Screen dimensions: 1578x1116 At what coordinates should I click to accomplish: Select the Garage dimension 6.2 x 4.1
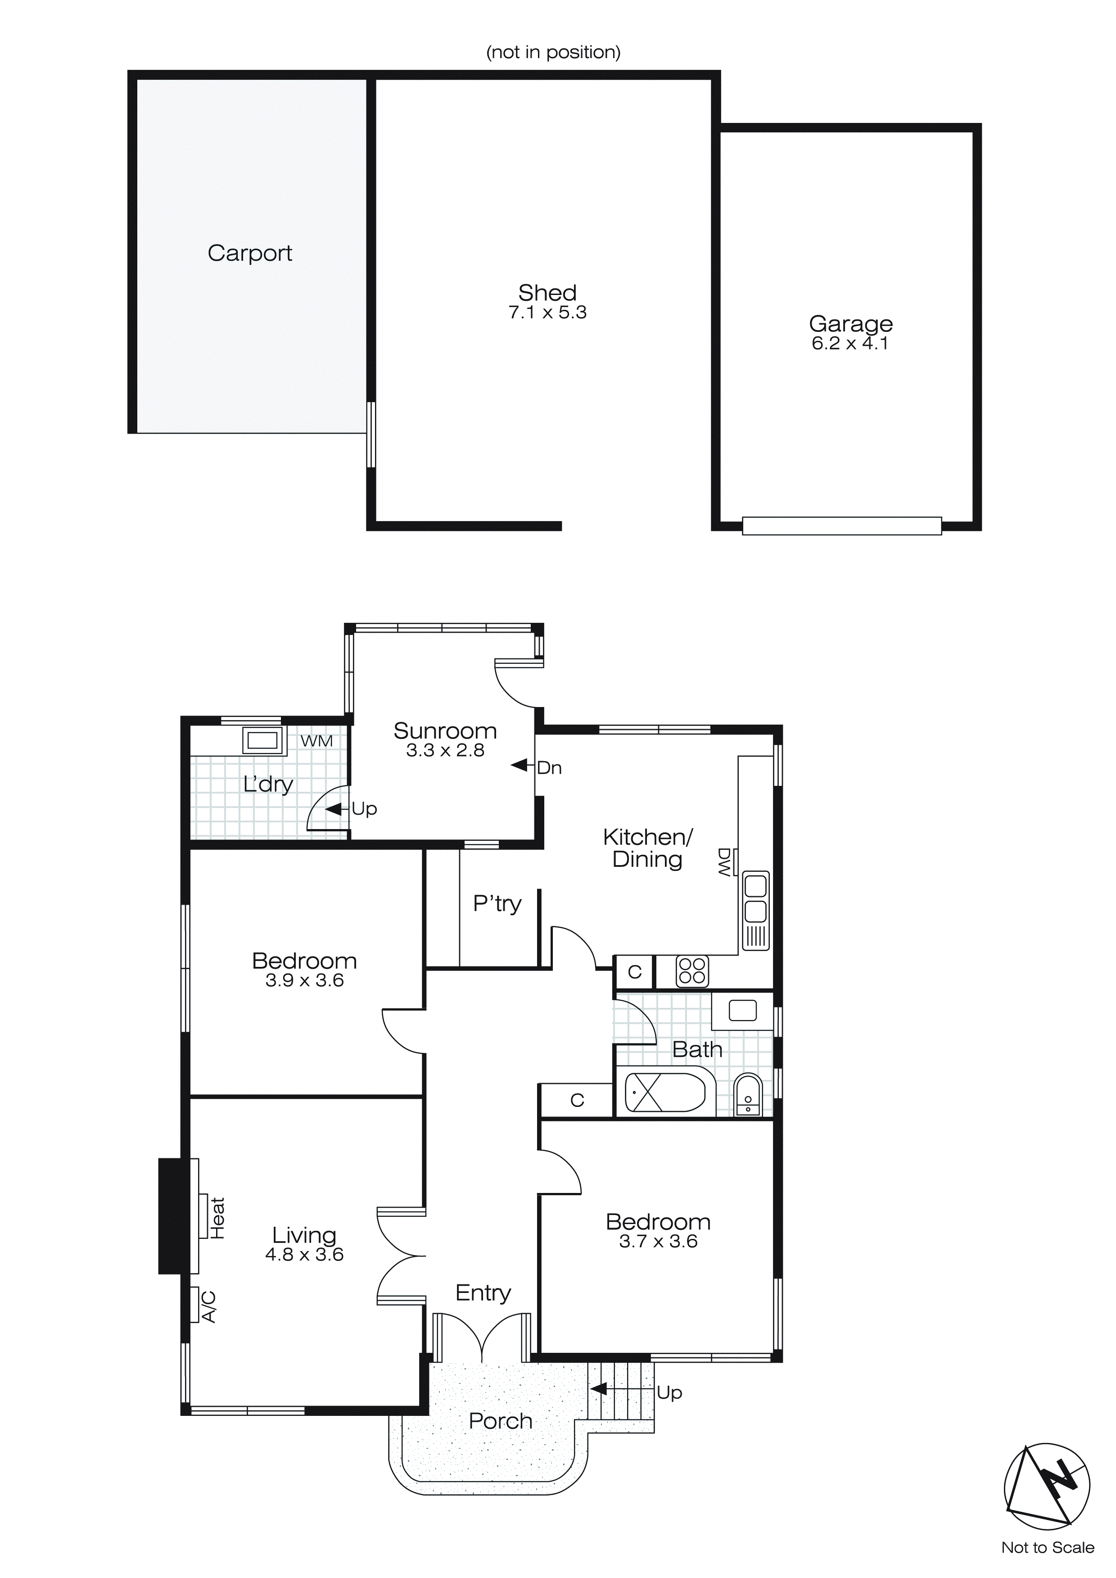850,343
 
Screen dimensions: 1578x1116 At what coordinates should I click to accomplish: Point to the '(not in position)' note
553,52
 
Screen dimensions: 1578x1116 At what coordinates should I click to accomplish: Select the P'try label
497,903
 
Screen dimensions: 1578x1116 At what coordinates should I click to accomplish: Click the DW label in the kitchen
723,862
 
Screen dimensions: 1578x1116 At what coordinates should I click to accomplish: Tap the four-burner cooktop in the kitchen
691,971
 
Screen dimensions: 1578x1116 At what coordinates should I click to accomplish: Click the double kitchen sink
755,900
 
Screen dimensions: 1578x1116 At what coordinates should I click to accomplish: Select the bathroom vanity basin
742,1010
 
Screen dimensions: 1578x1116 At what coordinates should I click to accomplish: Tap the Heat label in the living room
217,1218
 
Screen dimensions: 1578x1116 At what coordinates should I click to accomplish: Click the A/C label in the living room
209,1306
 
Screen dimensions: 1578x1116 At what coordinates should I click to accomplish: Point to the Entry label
483,1293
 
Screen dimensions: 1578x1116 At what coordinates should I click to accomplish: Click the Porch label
500,1421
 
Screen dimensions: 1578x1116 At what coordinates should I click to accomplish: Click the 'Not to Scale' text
1047,1547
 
